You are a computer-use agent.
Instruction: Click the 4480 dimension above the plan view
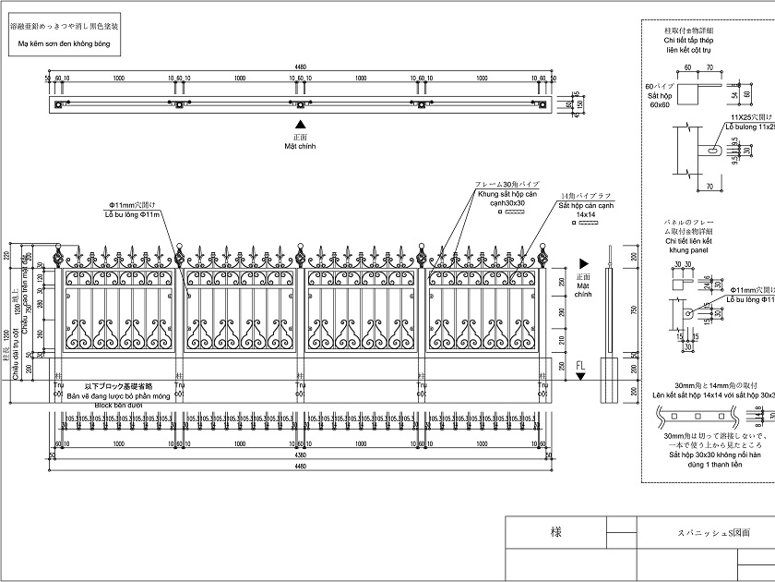[300, 67]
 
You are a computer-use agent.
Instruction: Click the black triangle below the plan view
[300, 124]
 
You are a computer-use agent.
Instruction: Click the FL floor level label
[579, 365]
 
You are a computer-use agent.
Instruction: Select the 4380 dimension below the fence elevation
[300, 455]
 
